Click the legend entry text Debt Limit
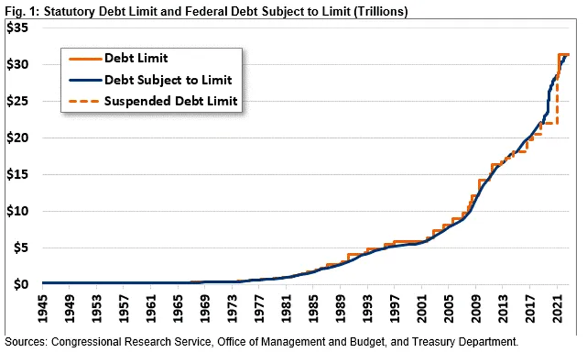coord(136,58)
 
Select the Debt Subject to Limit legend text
coord(168,80)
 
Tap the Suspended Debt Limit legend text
coord(171,101)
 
